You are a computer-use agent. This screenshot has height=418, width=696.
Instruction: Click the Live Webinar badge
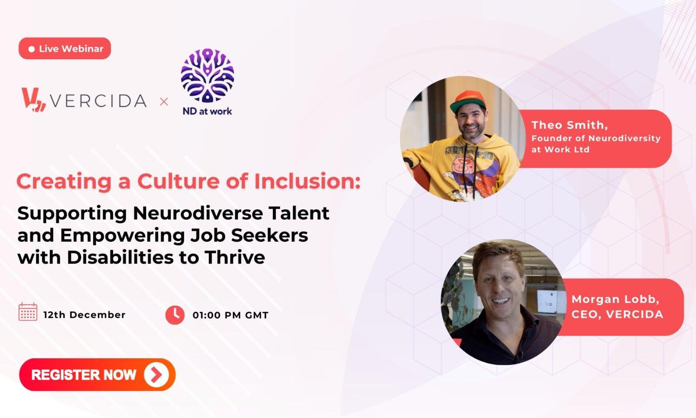pos(65,48)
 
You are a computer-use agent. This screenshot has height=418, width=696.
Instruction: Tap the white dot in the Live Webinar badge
pos(31,49)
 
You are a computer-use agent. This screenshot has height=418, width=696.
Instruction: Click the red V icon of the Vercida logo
pos(33,100)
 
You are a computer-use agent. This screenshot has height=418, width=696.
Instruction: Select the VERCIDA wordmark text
pos(98,101)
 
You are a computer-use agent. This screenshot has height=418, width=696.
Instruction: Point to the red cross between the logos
pos(164,101)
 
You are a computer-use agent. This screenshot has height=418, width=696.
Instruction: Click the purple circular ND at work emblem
pos(207,75)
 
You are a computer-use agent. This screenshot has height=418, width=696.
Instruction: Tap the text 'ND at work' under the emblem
pos(207,111)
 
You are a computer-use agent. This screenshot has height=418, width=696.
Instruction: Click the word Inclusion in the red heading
pos(307,181)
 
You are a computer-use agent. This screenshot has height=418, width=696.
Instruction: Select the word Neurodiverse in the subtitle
pos(197,213)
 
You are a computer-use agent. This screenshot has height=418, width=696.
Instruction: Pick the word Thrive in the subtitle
pos(234,257)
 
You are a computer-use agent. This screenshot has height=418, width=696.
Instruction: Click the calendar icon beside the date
pos(28,312)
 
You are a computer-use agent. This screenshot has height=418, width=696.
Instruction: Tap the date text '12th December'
pos(84,315)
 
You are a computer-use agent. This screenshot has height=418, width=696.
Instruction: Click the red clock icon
pos(175,315)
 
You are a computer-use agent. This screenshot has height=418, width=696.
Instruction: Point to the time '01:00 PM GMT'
pos(230,315)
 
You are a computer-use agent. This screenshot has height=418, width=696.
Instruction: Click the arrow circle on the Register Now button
pos(156,375)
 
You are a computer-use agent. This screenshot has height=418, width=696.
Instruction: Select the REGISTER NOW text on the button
pos(84,375)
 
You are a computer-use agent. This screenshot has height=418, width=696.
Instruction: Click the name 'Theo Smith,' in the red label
pos(569,125)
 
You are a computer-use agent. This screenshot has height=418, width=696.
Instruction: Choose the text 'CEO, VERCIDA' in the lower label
pos(617,314)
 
